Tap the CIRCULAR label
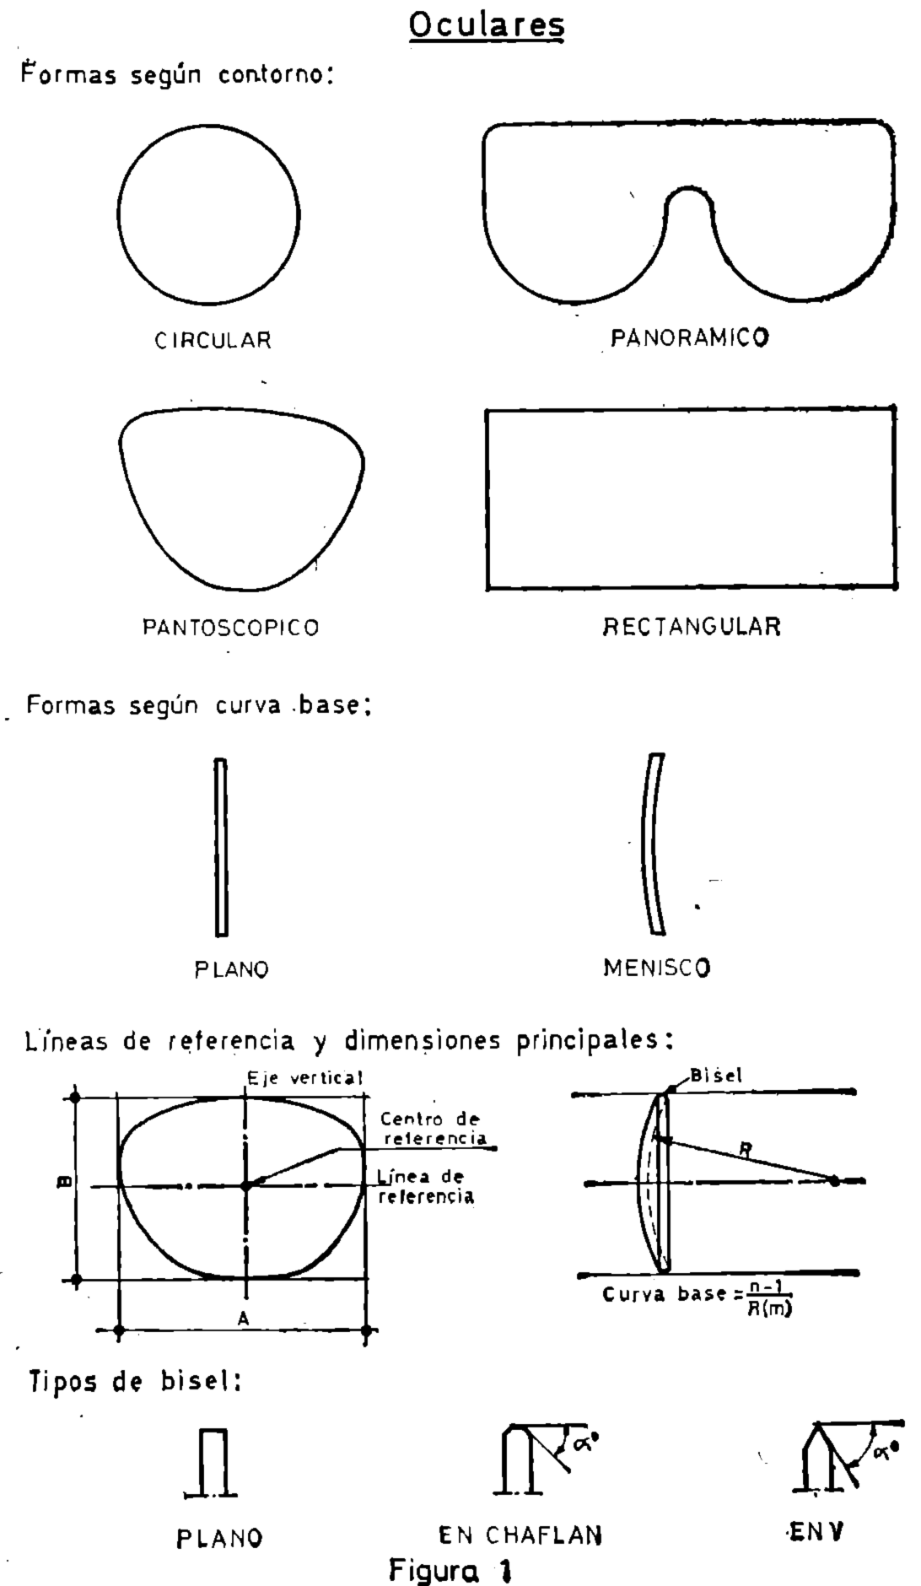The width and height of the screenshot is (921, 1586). tap(213, 341)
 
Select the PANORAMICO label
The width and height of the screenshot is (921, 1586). tap(689, 338)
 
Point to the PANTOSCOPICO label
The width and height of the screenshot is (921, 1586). tap(230, 628)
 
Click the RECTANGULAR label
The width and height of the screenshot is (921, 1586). tap(692, 627)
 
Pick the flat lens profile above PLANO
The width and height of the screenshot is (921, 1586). tap(221, 847)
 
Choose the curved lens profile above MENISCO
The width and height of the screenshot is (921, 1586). tap(651, 844)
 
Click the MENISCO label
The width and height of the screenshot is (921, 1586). tap(657, 968)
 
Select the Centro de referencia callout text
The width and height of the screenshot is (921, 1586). tap(433, 1129)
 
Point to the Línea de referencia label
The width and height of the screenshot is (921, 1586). tap(424, 1186)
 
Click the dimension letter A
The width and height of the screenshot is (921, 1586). tap(243, 1319)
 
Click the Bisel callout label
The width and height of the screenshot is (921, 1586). tap(715, 1076)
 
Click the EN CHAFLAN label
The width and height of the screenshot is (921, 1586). tap(520, 1535)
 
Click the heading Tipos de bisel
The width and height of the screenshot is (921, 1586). tap(136, 1382)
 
